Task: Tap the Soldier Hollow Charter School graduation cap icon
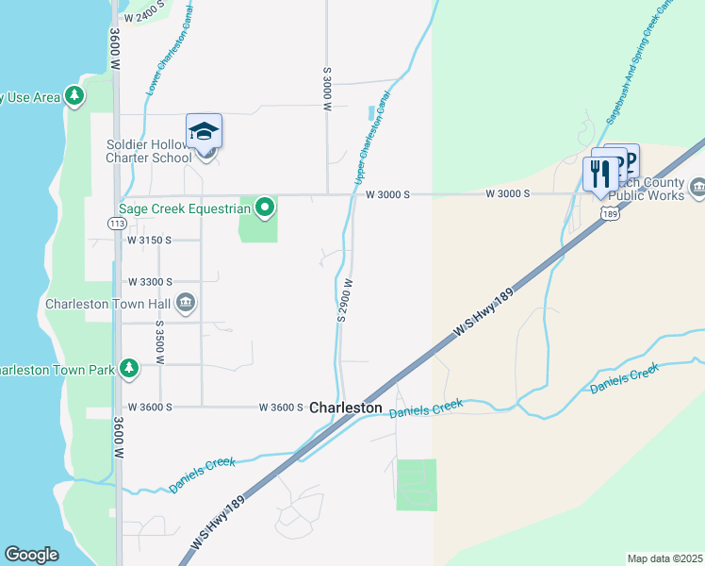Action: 203,131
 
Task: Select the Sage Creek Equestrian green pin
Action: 266,207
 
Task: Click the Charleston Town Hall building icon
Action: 186,303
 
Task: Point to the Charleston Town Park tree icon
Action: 128,369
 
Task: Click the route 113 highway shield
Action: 117,224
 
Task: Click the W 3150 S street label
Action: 150,241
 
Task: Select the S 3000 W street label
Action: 328,90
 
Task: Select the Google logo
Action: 32,555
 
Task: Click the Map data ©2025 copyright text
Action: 665,558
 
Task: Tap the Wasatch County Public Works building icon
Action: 697,187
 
